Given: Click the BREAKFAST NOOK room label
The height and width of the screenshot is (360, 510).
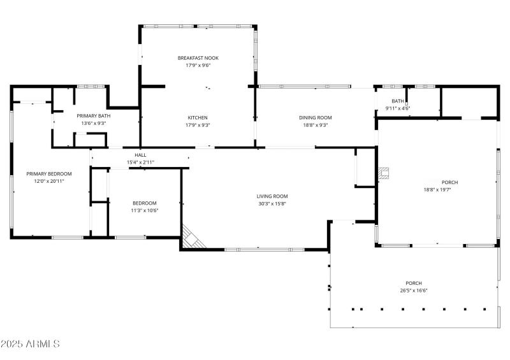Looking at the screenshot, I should (198, 58).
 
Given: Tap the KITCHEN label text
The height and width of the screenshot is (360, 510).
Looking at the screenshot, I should (198, 117).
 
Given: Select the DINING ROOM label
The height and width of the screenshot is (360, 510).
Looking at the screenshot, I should (316, 117).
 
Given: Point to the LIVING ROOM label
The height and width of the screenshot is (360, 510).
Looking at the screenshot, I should (272, 196).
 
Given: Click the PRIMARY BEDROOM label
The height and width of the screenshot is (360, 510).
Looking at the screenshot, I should (49, 173).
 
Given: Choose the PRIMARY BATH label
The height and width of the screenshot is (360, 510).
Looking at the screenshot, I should (94, 116).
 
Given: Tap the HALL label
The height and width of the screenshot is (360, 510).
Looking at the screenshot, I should (140, 155).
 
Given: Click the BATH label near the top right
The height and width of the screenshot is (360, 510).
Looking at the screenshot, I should (398, 101).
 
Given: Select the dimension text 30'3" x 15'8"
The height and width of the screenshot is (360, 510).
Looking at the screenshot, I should (272, 204).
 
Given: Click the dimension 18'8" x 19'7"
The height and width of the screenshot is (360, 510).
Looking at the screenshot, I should (441, 189).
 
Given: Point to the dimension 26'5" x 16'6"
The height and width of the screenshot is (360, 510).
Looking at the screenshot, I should (414, 291).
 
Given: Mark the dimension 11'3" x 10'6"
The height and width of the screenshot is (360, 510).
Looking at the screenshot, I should (145, 210).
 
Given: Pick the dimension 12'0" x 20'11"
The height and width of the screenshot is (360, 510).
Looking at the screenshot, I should (49, 181).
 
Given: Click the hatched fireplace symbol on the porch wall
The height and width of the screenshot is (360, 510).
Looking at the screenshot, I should (383, 173).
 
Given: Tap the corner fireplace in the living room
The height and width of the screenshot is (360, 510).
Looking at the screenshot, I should (191, 237).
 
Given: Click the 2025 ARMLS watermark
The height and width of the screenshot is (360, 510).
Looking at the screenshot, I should (30, 344).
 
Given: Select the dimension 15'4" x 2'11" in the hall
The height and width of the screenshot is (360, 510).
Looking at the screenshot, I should (140, 162).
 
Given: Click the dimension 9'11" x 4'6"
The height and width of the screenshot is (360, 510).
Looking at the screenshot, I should (398, 108).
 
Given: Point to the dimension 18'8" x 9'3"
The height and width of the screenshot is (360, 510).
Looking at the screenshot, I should (316, 125).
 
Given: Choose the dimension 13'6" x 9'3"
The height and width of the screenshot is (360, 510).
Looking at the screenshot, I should (94, 123).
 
